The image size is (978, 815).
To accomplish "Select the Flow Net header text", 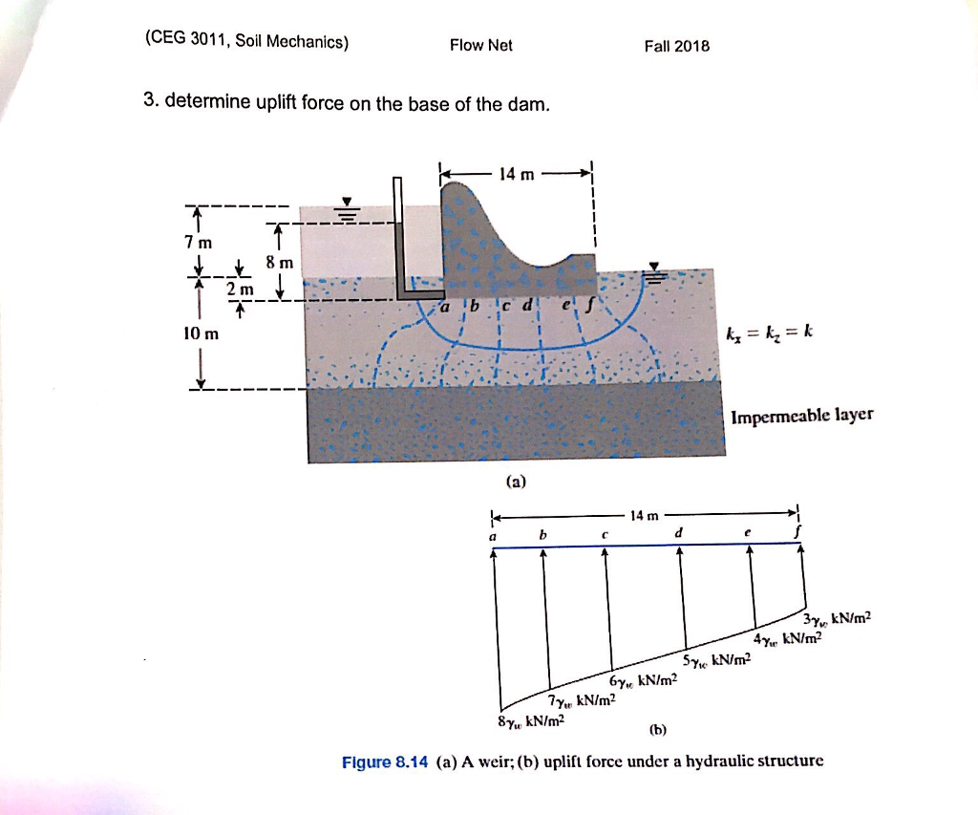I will pos(481,45).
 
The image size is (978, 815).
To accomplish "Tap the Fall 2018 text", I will pos(677,46).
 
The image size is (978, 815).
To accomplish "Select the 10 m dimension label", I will pos(202,333).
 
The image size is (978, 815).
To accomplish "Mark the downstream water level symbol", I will pos(655,273).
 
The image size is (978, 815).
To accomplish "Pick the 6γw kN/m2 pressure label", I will pos(642,679).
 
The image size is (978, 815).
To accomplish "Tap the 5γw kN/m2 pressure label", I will pos(717,660).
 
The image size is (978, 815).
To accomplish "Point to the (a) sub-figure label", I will pos(516,483).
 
